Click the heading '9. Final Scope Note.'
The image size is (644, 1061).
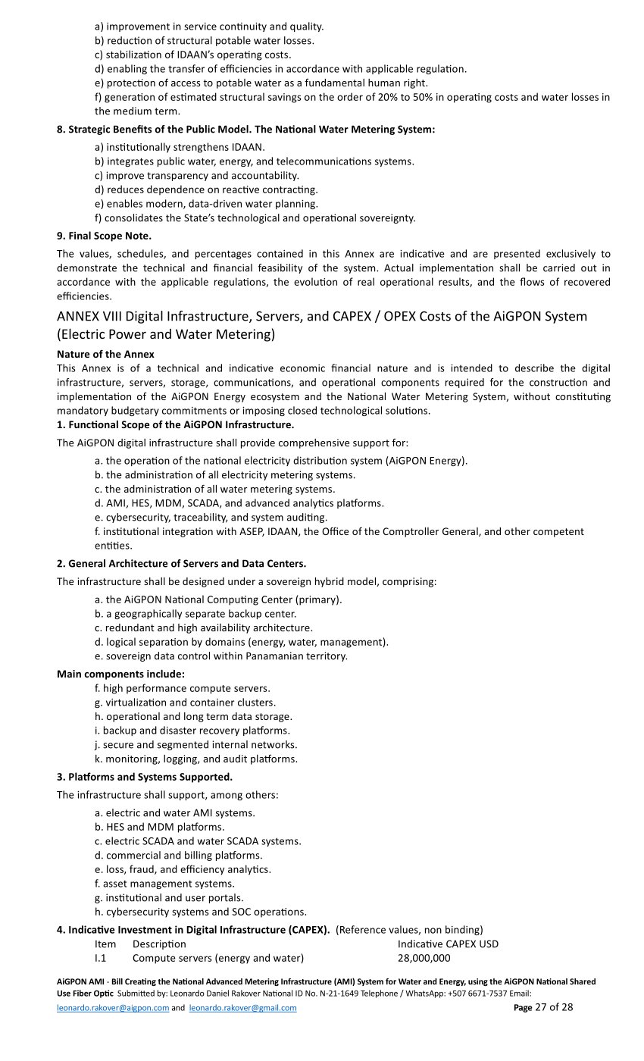(x=104, y=236)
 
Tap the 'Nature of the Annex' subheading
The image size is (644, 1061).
(x=105, y=354)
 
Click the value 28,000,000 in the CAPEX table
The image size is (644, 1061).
(x=424, y=959)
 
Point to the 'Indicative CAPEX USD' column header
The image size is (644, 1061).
(x=448, y=944)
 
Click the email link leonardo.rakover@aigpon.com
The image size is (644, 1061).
(x=114, y=1008)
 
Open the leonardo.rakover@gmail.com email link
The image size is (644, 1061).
(x=242, y=1008)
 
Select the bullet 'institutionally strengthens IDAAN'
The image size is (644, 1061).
(x=180, y=147)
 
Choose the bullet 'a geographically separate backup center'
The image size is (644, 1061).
(x=195, y=614)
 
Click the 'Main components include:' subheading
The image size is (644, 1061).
(x=120, y=674)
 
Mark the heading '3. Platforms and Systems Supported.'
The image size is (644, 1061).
(x=145, y=777)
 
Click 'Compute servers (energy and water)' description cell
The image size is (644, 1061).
(x=217, y=959)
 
